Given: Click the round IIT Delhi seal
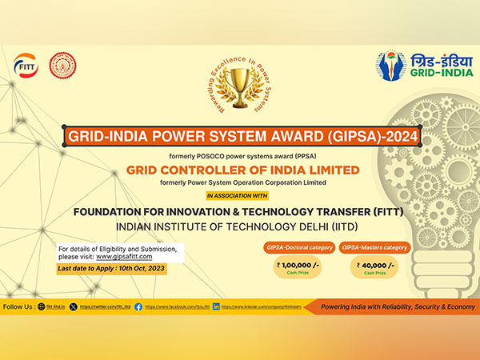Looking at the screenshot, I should pos(62,65).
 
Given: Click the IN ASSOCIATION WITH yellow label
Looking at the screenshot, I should pos(238,194).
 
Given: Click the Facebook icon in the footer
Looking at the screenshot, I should pos(138,306).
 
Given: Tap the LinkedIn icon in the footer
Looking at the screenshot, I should pos(216,306).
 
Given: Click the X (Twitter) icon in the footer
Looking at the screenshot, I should pos(74,306).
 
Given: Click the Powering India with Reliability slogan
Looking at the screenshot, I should pos(394,306).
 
